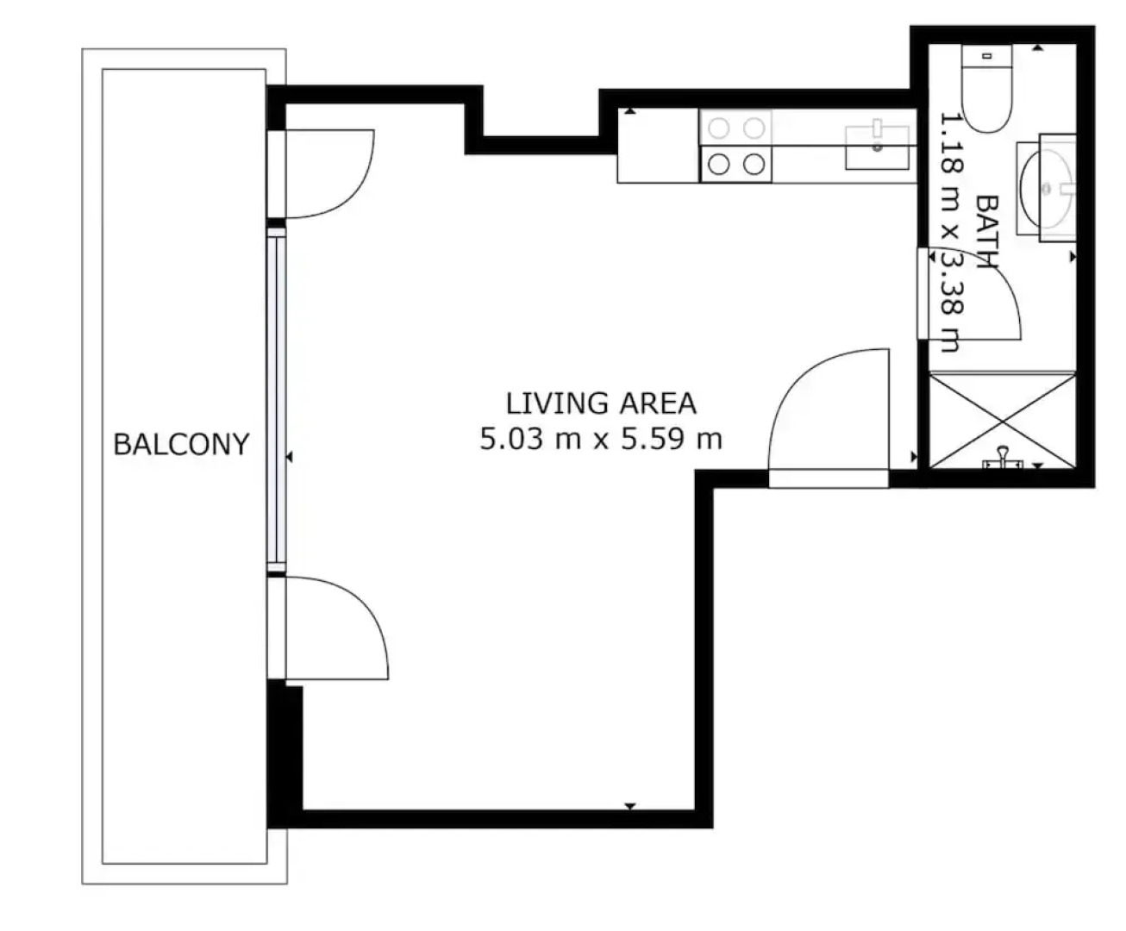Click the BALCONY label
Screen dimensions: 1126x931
[181, 445]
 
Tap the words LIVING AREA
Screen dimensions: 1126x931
[601, 403]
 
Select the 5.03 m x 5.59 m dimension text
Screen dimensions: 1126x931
[601, 439]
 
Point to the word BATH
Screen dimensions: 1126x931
[987, 232]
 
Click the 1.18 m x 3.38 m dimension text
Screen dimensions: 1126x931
[951, 233]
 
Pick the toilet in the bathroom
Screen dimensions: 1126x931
[987, 89]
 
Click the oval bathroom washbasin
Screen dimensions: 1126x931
[1046, 189]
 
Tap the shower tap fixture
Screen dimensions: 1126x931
[1003, 459]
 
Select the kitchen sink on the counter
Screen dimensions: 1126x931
[877, 147]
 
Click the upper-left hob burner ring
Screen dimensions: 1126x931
[719, 128]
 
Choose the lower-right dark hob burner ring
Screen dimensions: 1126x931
[754, 165]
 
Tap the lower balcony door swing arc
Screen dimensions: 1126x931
[366, 609]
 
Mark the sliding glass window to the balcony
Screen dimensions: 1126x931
[276, 399]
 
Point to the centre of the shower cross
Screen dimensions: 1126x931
[1003, 421]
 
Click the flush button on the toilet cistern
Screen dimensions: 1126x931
[987, 55]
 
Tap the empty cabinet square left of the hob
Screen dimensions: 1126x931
[658, 146]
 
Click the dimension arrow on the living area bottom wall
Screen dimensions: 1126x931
[630, 806]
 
